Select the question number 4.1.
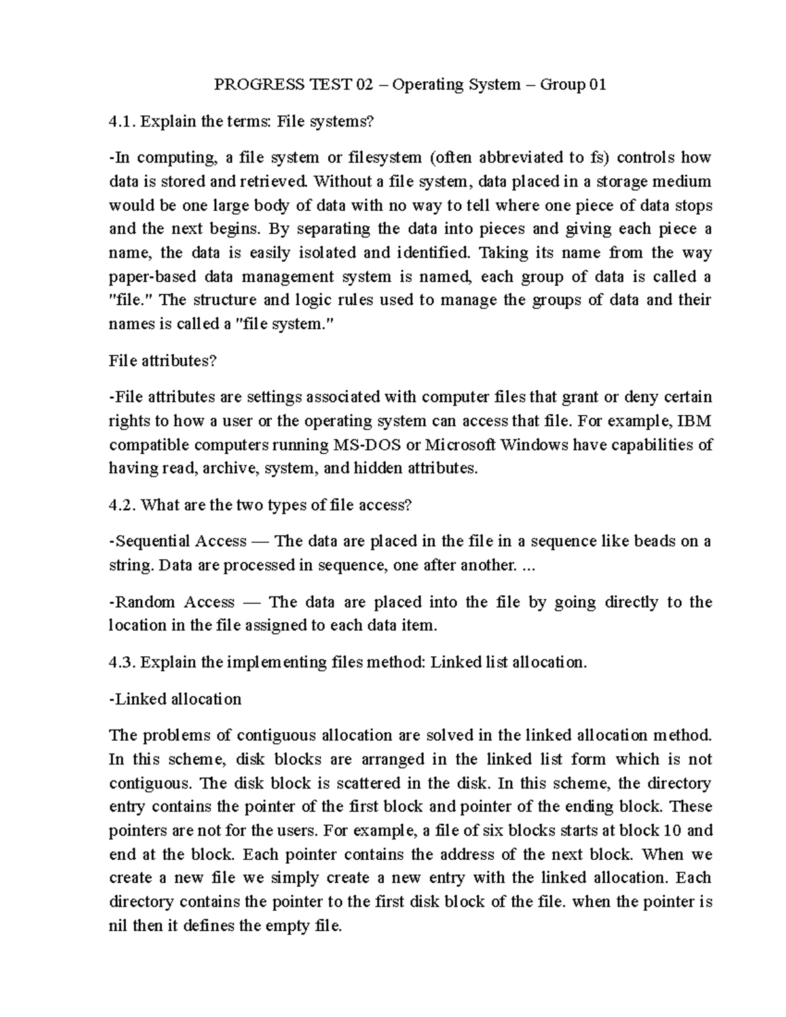122,121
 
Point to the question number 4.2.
122,505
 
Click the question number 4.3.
122,662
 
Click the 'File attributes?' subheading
162,360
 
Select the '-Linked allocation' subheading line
176,699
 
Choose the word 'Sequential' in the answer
151,541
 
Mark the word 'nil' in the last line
119,926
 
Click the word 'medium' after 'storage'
682,181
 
